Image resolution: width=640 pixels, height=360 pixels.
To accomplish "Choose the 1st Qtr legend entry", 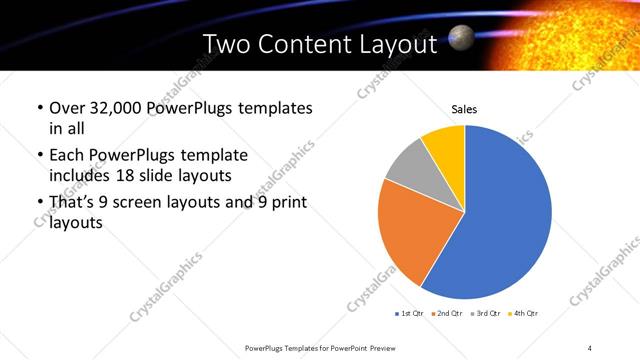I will [x=410, y=314].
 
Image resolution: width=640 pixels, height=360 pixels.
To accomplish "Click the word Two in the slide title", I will [x=227, y=45].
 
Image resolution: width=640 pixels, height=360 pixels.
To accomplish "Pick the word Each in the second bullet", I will [x=65, y=156].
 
